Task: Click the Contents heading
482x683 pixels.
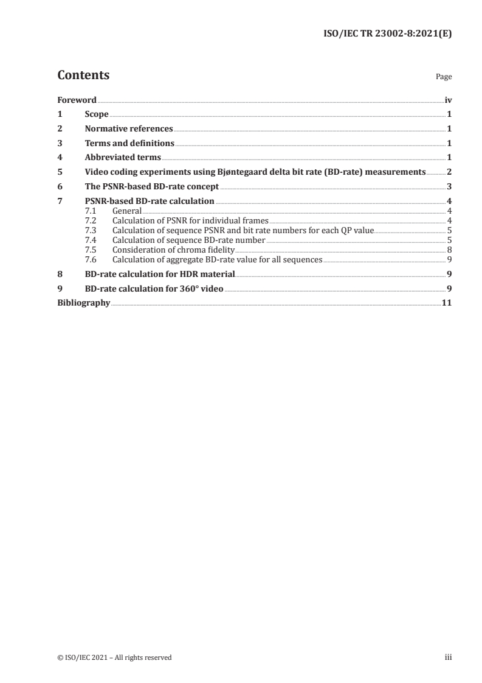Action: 83,75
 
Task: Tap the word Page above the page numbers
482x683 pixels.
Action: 444,77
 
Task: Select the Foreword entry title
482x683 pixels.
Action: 77,99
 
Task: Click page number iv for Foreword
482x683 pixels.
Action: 448,99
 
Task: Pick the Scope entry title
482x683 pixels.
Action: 97,114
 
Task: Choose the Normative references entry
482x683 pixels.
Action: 129,128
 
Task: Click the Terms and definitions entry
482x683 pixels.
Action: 129,143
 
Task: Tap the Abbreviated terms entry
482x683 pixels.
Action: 123,158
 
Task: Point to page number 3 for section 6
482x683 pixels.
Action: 449,187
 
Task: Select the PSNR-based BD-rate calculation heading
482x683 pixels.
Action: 150,201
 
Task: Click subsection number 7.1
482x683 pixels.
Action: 91,211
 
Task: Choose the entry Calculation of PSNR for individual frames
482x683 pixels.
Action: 190,220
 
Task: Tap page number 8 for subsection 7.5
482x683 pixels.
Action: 449,250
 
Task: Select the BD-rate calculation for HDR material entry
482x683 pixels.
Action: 160,274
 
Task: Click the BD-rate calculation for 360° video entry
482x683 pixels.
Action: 154,289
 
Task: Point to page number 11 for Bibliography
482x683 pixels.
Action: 446,303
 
